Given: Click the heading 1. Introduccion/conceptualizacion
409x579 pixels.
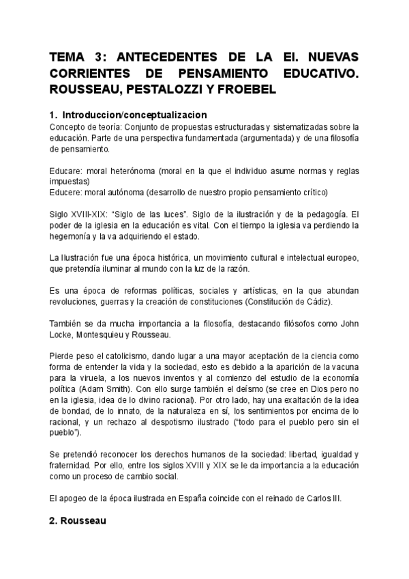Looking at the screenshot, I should (129, 115).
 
